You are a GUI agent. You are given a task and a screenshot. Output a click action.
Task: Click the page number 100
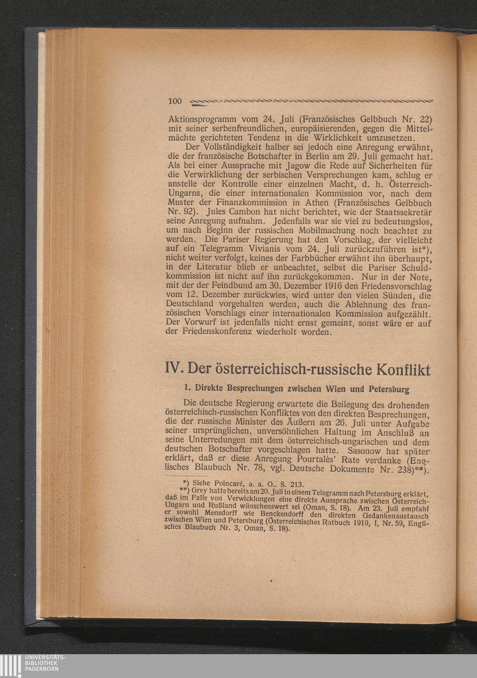[176, 101]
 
